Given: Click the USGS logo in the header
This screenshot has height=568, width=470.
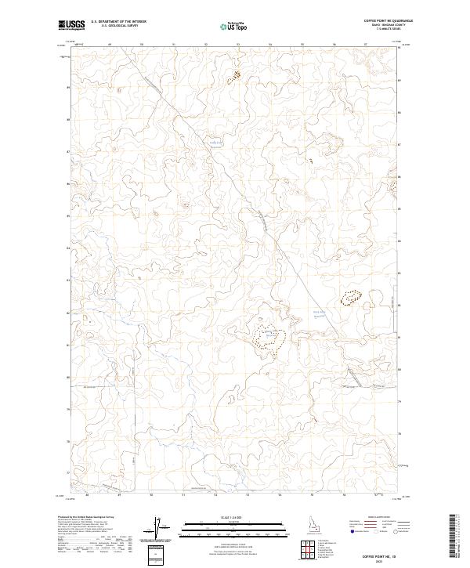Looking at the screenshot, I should click(x=71, y=26).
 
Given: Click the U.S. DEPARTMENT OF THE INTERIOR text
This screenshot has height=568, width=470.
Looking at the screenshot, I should click(x=118, y=22).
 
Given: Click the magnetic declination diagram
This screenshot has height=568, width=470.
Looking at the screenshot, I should click(x=156, y=529).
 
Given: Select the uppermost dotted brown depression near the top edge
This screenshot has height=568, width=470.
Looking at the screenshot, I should click(x=233, y=78).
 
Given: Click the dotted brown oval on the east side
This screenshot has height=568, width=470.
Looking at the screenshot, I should click(x=350, y=298).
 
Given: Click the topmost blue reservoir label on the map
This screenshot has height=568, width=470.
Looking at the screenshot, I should click(x=215, y=143).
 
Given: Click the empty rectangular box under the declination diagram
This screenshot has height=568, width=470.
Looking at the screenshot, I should click(x=156, y=553).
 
